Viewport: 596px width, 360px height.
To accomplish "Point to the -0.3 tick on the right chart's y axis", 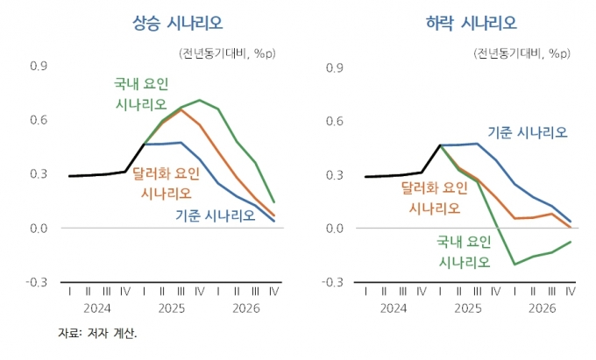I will [334, 282].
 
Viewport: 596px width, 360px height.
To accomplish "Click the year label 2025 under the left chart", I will [172, 308].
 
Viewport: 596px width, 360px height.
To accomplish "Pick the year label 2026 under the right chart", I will [543, 308].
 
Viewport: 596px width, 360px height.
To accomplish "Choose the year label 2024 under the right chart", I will [394, 308].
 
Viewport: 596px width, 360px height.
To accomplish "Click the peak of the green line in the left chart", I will [200, 100].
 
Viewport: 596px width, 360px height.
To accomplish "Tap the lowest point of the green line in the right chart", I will [514, 264].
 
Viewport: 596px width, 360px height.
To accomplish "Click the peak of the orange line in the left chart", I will [181, 109].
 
